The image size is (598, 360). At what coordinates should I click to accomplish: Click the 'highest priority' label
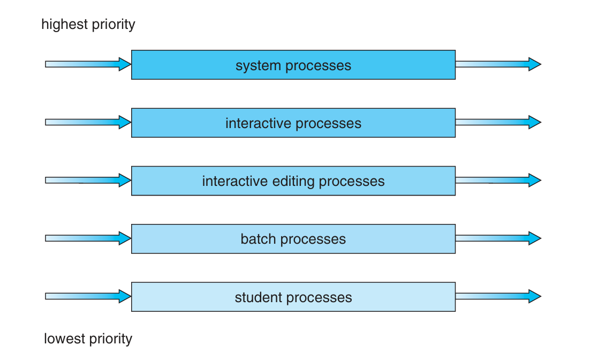(x=88, y=25)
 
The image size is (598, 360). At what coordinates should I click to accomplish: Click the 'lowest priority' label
(x=88, y=339)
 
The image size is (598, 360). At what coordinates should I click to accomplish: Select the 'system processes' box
(x=293, y=65)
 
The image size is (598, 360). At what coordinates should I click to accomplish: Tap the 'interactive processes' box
(x=293, y=123)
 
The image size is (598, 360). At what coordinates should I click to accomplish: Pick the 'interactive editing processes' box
(x=293, y=181)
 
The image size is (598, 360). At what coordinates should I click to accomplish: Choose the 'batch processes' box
(x=293, y=239)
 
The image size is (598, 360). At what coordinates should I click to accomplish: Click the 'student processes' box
(x=293, y=297)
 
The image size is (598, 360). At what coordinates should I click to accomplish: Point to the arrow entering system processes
(x=88, y=64)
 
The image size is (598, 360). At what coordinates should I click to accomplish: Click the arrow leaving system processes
(x=498, y=64)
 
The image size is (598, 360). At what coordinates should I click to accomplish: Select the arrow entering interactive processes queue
(x=88, y=122)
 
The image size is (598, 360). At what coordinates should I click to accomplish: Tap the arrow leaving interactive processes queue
(x=498, y=122)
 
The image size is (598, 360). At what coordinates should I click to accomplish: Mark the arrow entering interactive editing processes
(x=88, y=180)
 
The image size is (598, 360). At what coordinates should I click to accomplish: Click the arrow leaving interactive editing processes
(x=498, y=180)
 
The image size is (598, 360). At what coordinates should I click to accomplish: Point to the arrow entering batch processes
(x=88, y=238)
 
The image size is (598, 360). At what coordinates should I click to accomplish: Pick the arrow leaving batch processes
(x=498, y=238)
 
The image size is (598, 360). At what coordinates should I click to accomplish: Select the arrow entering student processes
(x=88, y=296)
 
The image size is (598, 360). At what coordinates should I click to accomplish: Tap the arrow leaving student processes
(x=498, y=296)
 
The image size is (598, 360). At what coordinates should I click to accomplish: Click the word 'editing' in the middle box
(x=293, y=182)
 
